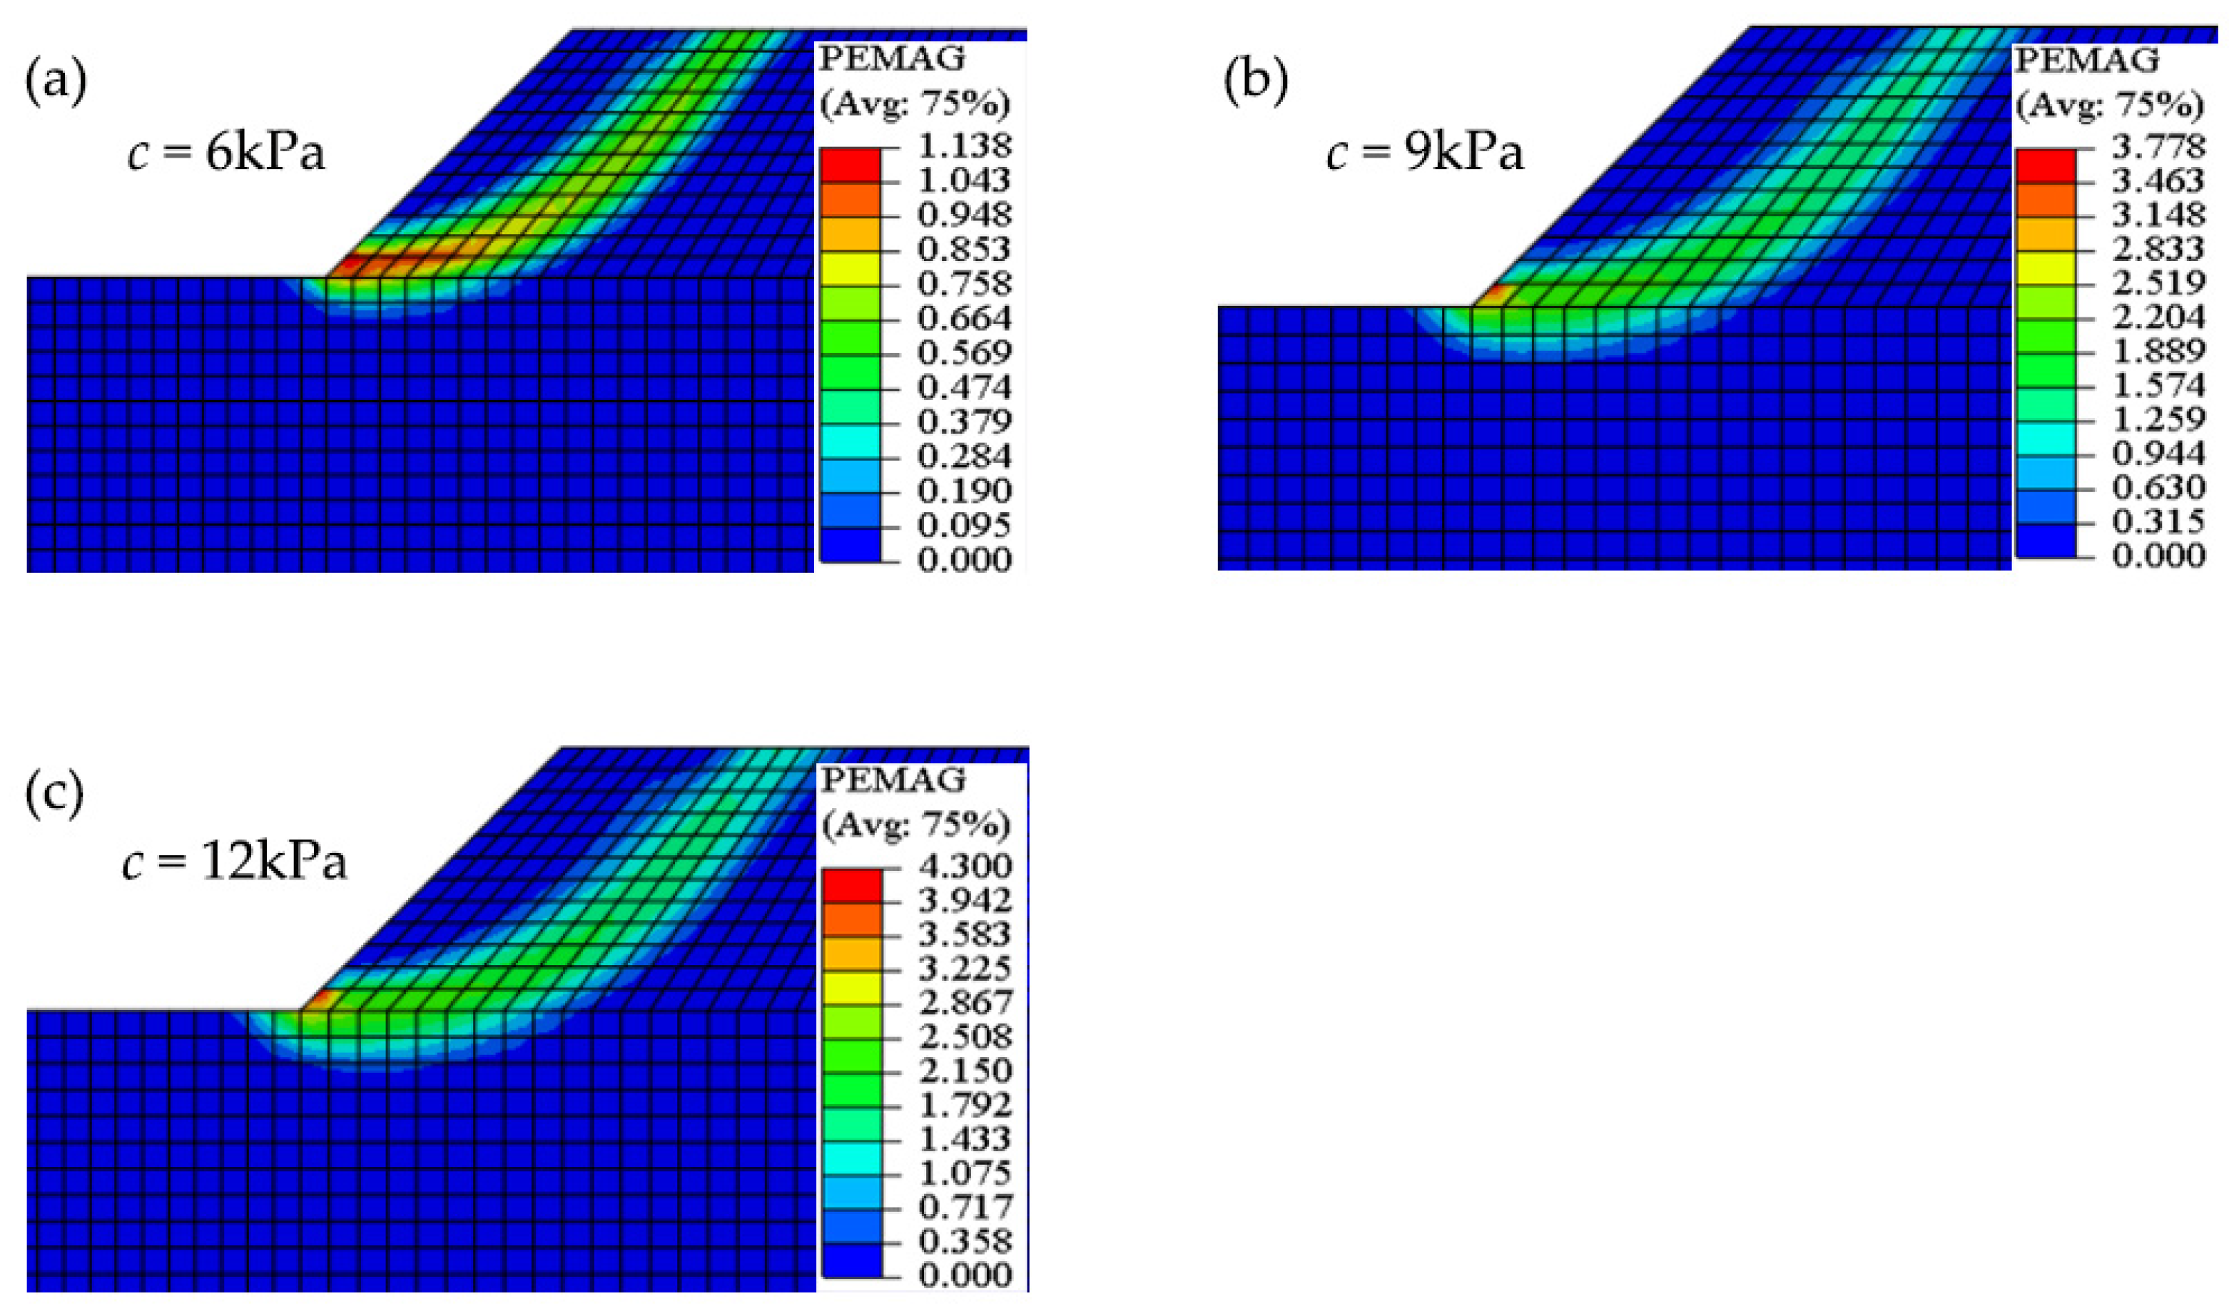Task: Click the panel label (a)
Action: [56, 85]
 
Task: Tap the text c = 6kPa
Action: [227, 154]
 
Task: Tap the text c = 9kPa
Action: [1426, 154]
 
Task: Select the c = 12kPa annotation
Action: [234, 862]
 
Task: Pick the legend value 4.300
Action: [964, 865]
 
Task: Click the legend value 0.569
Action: [964, 353]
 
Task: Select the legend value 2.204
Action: [2158, 317]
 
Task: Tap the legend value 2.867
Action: [964, 1002]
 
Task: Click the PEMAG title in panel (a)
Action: [891, 59]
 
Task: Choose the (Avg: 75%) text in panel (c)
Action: [915, 827]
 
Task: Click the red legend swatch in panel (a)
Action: [850, 165]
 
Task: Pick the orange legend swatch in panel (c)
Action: [851, 919]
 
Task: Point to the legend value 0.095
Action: [964, 525]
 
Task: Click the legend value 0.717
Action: [964, 1207]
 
